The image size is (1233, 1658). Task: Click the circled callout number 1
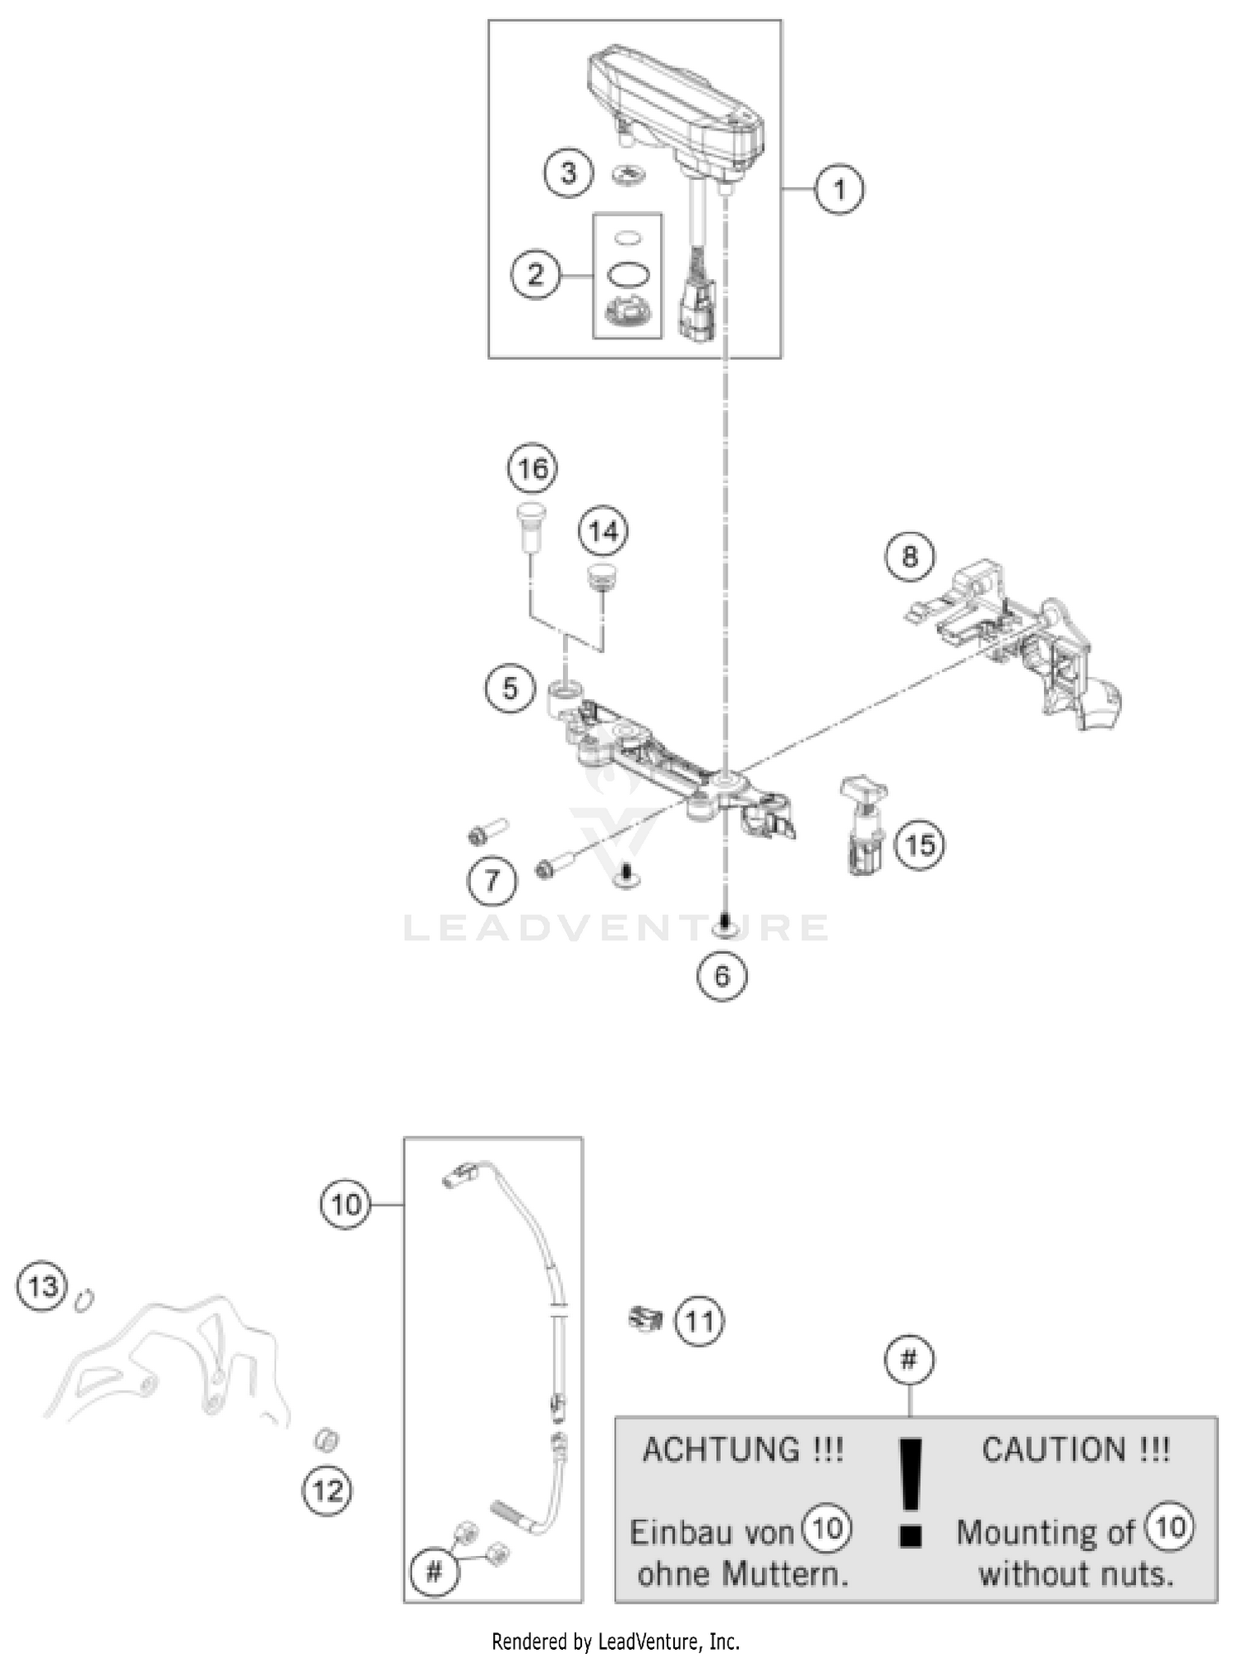[x=838, y=190]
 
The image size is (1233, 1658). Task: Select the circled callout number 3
[x=569, y=173]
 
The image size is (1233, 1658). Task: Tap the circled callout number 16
[x=533, y=468]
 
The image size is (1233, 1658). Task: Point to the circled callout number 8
[x=909, y=556]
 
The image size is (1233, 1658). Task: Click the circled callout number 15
[x=920, y=844]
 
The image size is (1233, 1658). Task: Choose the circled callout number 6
[x=722, y=975]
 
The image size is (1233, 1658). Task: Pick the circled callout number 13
[x=43, y=1284]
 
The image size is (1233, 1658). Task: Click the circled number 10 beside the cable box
[x=345, y=1204]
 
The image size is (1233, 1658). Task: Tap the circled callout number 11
[x=699, y=1321]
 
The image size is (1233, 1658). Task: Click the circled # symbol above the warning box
[x=909, y=1360]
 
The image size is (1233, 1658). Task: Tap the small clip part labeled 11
[x=645, y=1318]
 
